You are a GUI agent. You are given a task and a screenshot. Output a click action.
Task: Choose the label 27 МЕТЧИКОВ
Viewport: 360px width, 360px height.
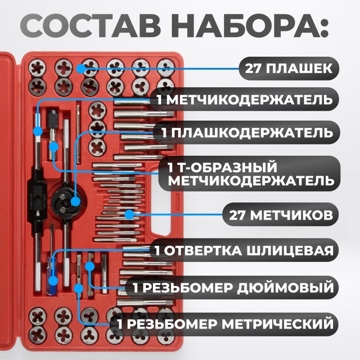click(x=282, y=214)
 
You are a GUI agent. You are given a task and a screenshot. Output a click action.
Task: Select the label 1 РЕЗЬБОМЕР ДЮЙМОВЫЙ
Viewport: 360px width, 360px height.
click(x=230, y=287)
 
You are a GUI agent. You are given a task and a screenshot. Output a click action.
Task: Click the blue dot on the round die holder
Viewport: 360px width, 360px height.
click(x=75, y=201)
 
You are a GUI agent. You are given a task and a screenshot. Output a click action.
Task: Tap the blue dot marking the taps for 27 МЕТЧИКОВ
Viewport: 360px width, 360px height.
click(x=130, y=215)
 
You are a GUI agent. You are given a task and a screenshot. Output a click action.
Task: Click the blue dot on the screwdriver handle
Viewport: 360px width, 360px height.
click(x=54, y=281)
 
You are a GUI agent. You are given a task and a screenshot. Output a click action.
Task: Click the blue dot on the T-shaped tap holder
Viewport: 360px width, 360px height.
click(x=54, y=147)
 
